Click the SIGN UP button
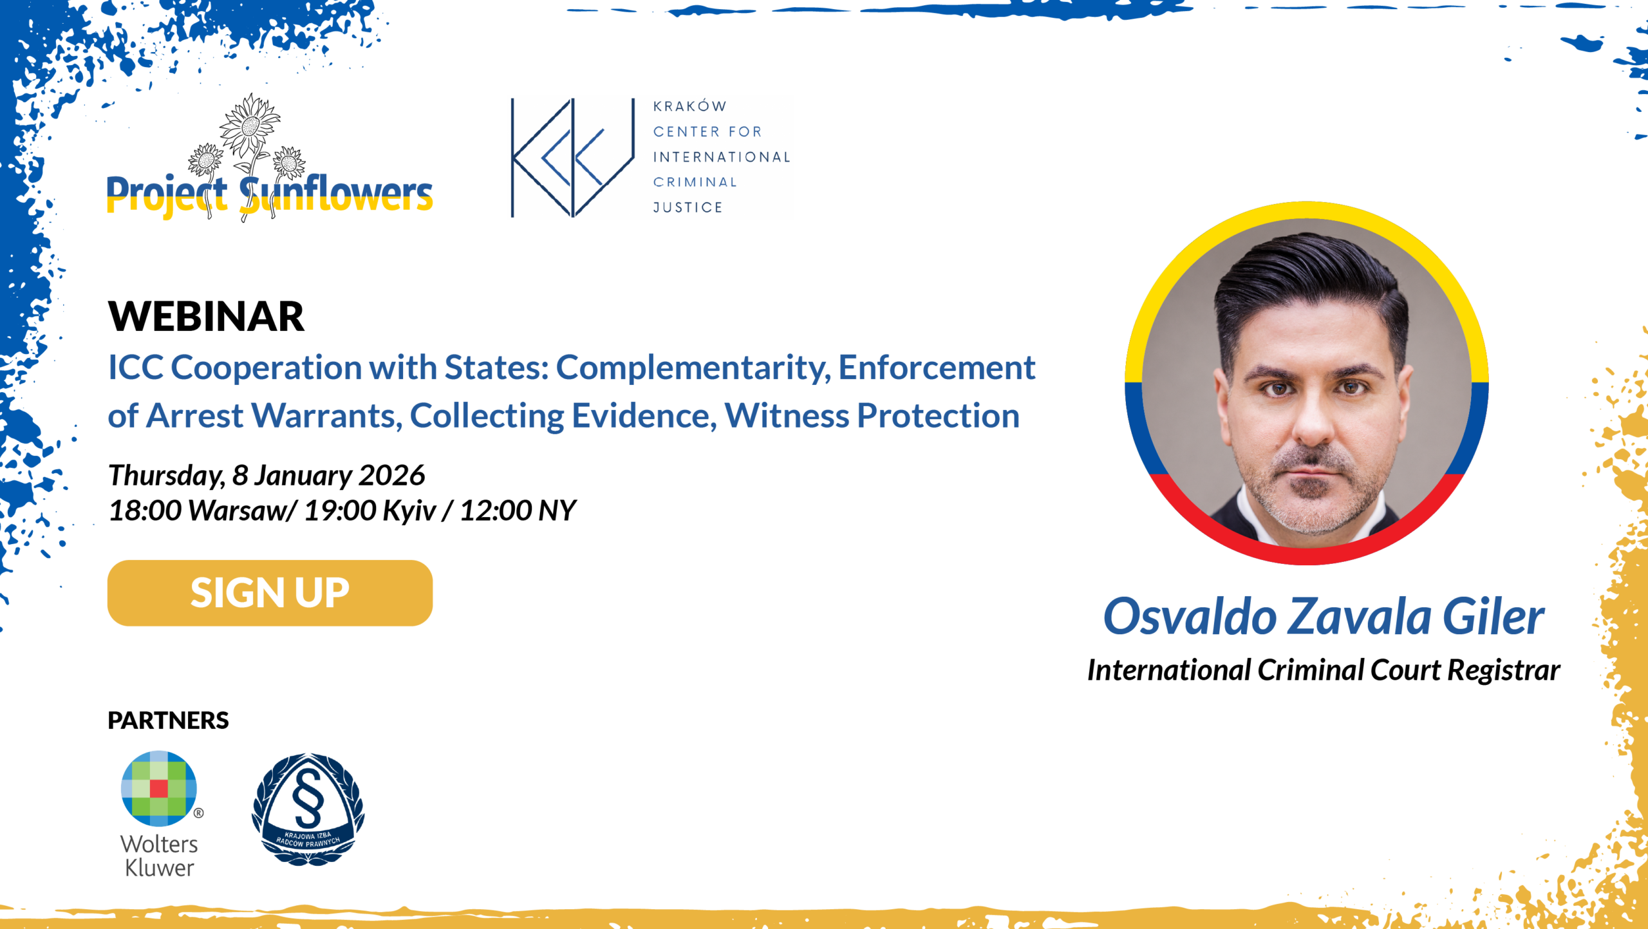point(270,593)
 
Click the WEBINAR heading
point(206,316)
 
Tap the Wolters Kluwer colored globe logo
point(159,788)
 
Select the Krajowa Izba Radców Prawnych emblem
point(308,809)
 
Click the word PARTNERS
point(168,720)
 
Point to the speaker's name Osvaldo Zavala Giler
point(1324,616)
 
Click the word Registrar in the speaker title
point(1504,670)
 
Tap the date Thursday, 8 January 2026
point(267,475)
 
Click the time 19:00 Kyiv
point(370,511)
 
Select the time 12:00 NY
point(518,511)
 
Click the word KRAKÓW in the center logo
point(689,106)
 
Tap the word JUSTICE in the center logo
point(688,207)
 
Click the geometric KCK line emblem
point(573,158)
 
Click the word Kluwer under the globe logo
point(159,868)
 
